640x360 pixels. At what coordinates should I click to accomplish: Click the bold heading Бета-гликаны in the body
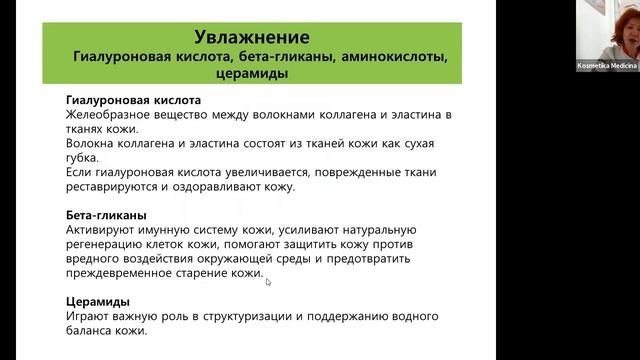click(106, 215)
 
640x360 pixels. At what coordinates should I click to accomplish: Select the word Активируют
click(99, 230)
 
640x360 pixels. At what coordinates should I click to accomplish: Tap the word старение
click(207, 273)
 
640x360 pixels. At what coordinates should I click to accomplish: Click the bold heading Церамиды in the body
click(97, 301)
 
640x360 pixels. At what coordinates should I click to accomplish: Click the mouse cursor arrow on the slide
click(268, 282)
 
